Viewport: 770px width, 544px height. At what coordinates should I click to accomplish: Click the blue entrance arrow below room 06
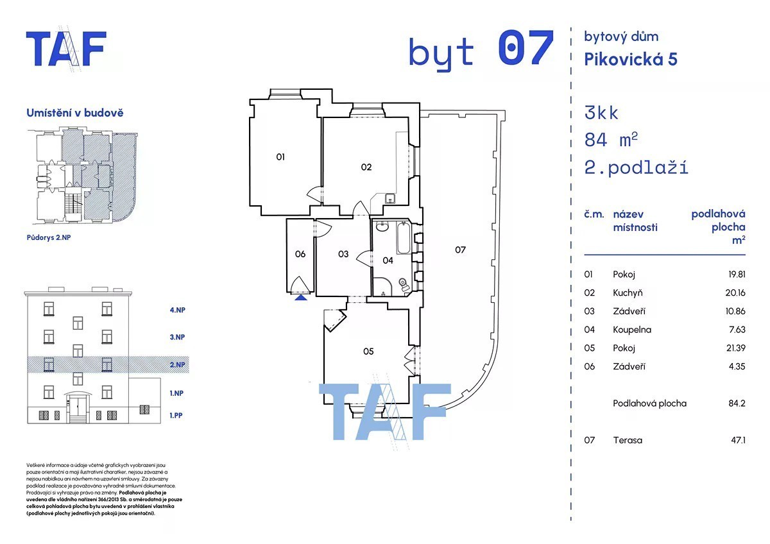[x=301, y=297]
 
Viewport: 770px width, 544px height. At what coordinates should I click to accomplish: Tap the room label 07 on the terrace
[x=460, y=250]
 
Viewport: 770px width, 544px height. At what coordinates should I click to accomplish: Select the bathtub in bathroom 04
[x=404, y=238]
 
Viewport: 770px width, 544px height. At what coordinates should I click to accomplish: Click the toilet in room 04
[x=404, y=285]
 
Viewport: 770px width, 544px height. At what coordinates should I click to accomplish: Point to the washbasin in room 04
[x=382, y=226]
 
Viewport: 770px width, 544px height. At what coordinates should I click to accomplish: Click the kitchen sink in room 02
[x=390, y=198]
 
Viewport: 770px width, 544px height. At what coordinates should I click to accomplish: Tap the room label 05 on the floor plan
[x=368, y=351]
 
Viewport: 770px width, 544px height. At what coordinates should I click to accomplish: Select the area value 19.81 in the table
[x=737, y=274]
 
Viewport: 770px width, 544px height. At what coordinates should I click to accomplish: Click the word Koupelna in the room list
[x=632, y=330]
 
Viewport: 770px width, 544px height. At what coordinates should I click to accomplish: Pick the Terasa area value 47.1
[x=738, y=440]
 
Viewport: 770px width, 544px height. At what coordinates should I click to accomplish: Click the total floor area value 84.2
[x=737, y=403]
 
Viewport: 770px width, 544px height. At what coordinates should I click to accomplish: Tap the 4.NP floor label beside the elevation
[x=177, y=310]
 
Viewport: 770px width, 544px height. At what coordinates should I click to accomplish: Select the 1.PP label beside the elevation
[x=176, y=415]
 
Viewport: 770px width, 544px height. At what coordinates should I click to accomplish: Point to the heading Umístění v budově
[x=75, y=113]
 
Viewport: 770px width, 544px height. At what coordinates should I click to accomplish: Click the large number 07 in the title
[x=526, y=47]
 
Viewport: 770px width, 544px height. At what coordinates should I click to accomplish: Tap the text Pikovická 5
[x=631, y=59]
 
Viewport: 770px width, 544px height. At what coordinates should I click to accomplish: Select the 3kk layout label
[x=601, y=113]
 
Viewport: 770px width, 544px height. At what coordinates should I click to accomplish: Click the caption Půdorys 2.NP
[x=49, y=237]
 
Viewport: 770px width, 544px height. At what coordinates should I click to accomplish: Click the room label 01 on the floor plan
[x=280, y=157]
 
